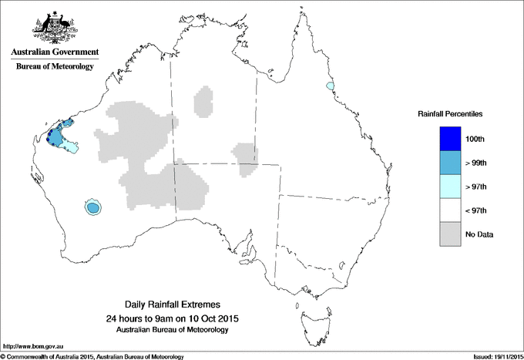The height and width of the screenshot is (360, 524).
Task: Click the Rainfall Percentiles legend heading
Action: (x=450, y=113)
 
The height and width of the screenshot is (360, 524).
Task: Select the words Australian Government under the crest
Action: (x=55, y=52)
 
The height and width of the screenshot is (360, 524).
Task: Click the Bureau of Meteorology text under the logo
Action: (x=55, y=66)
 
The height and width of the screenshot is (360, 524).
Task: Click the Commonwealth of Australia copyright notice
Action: (x=92, y=356)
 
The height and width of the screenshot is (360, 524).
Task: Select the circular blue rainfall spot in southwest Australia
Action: (x=93, y=207)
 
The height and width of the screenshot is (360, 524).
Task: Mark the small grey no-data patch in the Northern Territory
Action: (x=203, y=100)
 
